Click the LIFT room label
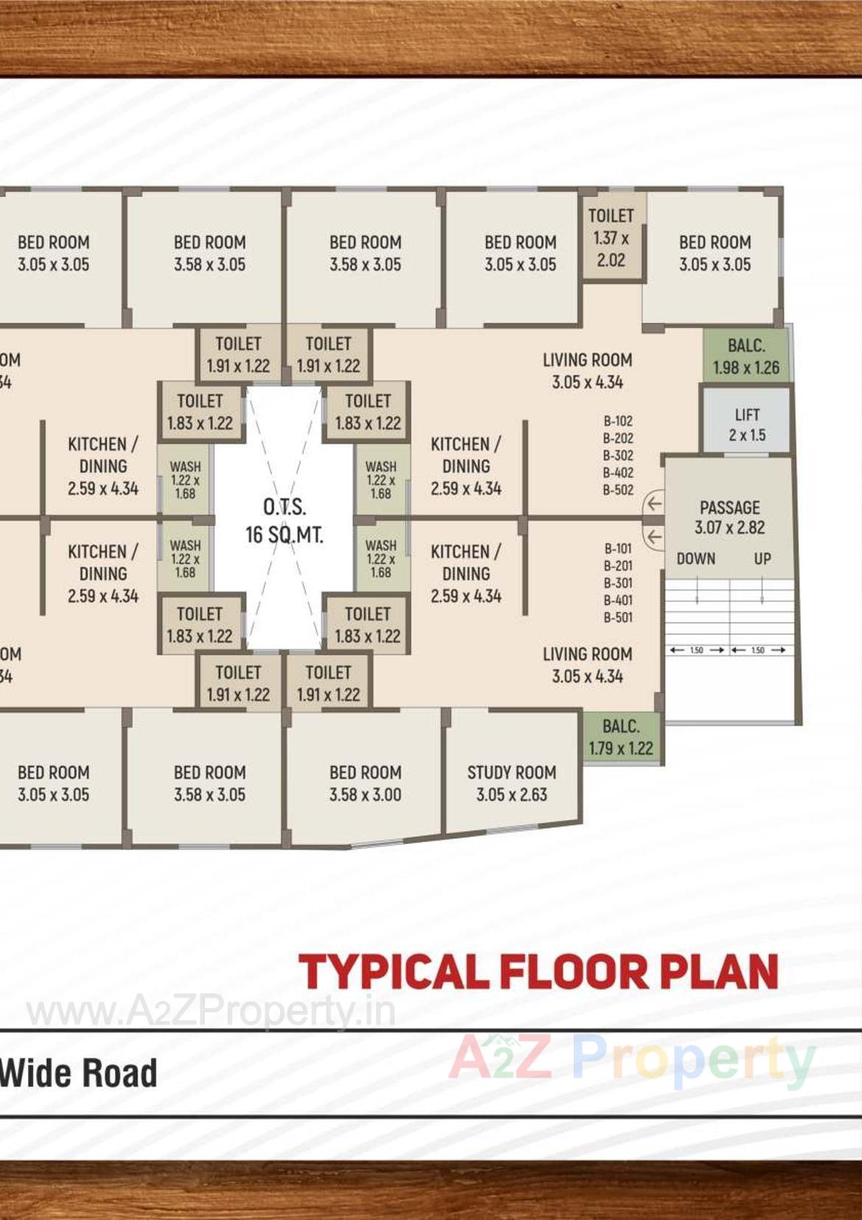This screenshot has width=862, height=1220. [x=747, y=425]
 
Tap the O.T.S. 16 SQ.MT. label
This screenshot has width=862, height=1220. [x=284, y=521]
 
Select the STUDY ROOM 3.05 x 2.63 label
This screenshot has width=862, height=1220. [x=512, y=783]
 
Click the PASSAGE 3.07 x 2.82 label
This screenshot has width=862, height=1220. [x=729, y=517]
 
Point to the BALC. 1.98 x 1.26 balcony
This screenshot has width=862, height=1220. [x=745, y=356]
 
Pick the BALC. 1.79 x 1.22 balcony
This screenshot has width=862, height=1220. [x=621, y=737]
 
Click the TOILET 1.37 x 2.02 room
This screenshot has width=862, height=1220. [x=611, y=238]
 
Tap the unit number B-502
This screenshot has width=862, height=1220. [x=618, y=490]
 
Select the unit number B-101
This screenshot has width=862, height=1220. [x=618, y=549]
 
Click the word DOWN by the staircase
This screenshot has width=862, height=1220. [x=696, y=558]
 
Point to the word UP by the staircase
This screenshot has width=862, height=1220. [x=762, y=558]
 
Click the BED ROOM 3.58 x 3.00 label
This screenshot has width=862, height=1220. [x=365, y=783]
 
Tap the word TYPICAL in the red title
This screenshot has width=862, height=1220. [x=394, y=971]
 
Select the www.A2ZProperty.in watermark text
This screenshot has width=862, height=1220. [x=211, y=1011]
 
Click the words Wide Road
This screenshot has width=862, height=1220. [x=78, y=1072]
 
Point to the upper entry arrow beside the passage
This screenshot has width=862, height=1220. [x=653, y=505]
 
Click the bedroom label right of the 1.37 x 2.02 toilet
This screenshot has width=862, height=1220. [x=715, y=253]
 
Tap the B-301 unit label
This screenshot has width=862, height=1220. [x=618, y=583]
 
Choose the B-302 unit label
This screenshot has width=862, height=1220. [x=618, y=455]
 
